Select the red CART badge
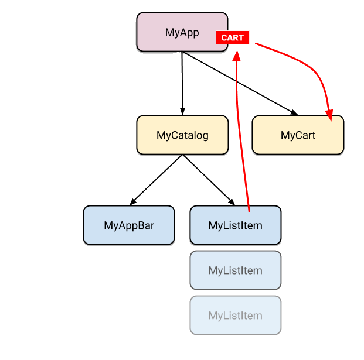pos(233,38)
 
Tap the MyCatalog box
pos(182,135)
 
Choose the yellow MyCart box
pos(298,135)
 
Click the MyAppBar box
pos(129,225)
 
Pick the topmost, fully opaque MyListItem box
pos(236,225)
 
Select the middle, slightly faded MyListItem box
pos(236,270)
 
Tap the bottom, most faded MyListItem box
pos(236,316)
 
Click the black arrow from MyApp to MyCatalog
pos(182,82)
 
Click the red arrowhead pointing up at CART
pos(237,55)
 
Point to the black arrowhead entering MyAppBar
pos(133,201)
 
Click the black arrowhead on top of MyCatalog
pos(182,111)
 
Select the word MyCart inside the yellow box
pos(298,135)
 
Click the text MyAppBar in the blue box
pos(129,225)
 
